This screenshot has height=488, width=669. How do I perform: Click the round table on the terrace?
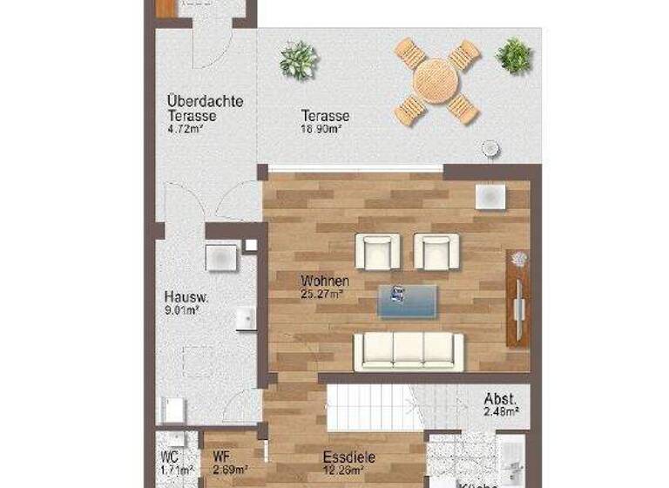[436, 81]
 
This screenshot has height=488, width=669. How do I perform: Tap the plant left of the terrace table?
[299, 61]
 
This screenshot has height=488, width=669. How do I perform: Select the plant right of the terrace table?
[514, 57]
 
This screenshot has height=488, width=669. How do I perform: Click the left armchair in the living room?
[377, 251]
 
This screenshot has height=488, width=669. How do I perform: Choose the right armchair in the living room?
[436, 251]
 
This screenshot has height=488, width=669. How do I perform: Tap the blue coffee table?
[408, 301]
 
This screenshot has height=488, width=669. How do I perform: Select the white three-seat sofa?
[409, 351]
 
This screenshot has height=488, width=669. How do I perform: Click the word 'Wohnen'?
[325, 281]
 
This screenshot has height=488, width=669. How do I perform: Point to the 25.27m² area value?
[322, 295]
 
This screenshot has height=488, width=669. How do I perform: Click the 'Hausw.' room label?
[186, 295]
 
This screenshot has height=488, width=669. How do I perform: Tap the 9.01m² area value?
[183, 308]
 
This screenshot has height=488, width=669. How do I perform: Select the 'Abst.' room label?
[501, 399]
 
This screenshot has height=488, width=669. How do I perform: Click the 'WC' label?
[170, 455]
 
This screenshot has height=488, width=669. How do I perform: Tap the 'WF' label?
[222, 455]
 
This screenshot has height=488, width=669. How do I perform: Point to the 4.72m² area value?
[186, 129]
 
